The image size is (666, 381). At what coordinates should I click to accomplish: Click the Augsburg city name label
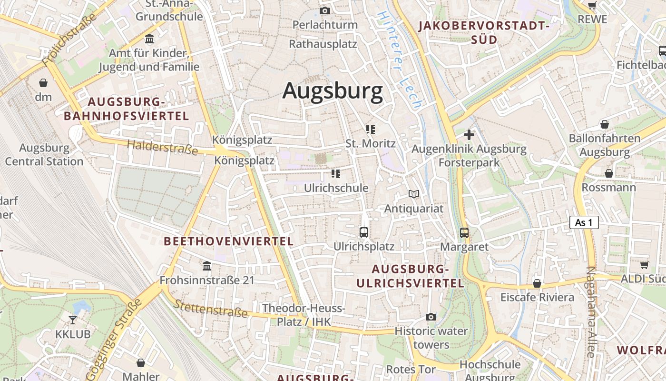click(333, 90)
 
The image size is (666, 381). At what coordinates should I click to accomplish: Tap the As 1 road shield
click(584, 222)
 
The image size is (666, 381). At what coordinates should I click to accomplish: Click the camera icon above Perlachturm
click(325, 10)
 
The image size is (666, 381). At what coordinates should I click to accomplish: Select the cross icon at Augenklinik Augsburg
click(469, 135)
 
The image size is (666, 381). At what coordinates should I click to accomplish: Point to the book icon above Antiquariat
click(414, 194)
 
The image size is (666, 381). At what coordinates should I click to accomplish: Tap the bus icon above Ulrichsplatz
click(364, 232)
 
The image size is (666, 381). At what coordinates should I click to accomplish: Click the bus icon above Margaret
click(464, 233)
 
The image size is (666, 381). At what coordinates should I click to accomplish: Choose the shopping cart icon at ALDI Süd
click(644, 265)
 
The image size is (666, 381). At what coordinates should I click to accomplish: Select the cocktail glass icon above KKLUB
click(73, 320)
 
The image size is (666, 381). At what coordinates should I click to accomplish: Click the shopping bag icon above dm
click(43, 83)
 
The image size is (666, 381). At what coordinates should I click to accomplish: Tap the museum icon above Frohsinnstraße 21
click(207, 266)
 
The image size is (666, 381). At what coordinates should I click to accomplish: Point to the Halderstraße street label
click(162, 147)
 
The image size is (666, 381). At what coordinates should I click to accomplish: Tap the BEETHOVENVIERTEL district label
click(228, 241)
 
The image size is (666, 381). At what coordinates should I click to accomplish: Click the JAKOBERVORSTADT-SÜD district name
click(484, 32)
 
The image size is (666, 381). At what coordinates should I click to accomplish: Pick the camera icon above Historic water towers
click(431, 317)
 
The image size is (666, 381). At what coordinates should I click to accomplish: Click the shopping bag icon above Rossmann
click(609, 173)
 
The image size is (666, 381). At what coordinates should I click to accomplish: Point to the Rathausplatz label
click(323, 44)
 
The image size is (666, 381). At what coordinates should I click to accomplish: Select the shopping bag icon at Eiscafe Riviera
click(537, 283)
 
